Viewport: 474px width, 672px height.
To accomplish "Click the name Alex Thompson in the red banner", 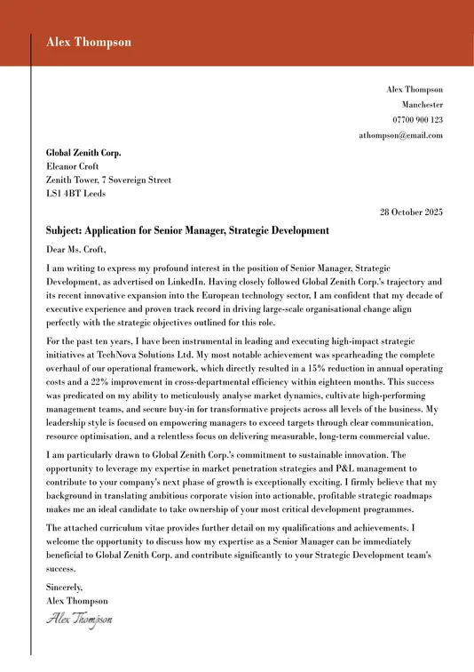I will [89, 42].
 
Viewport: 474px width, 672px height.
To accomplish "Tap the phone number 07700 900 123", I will [417, 119].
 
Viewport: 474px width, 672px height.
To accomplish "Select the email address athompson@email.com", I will [400, 135].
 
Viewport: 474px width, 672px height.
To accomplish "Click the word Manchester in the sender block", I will [422, 104].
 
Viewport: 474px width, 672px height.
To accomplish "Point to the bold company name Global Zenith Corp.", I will [83, 152].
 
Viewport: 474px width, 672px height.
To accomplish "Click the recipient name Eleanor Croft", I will [72, 165].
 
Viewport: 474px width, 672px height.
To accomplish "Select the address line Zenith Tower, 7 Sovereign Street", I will [108, 180].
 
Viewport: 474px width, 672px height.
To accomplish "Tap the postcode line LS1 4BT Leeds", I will [75, 194].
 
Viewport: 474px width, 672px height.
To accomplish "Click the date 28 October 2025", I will [411, 212].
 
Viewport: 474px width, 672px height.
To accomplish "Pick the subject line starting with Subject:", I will [187, 231].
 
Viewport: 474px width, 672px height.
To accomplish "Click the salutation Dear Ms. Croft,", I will [75, 249].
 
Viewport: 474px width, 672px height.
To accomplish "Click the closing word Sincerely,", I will [64, 587].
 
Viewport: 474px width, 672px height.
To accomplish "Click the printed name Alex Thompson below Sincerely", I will [77, 600].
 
